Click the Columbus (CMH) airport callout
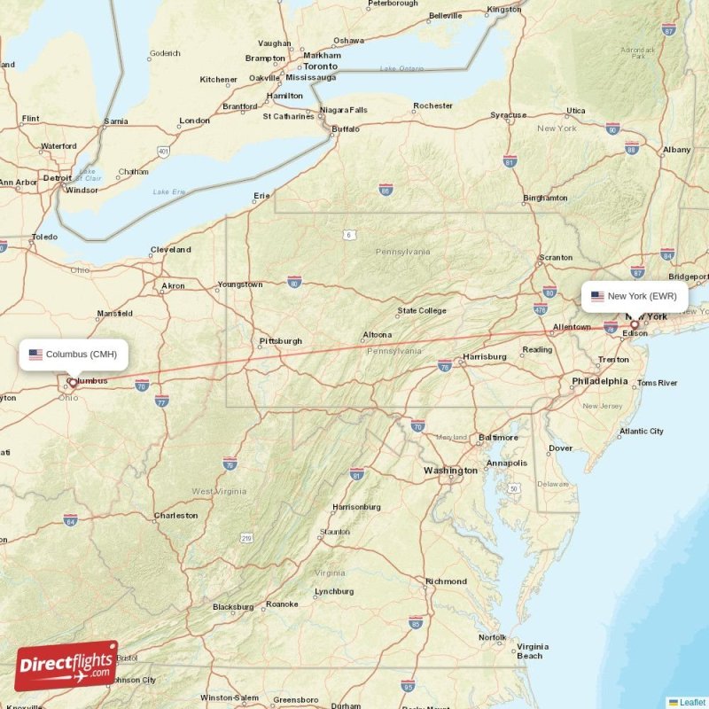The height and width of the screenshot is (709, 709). pyautogui.click(x=74, y=354)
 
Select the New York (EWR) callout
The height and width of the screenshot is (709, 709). pyautogui.click(x=635, y=296)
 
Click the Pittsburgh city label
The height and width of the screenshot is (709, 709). pyautogui.click(x=280, y=341)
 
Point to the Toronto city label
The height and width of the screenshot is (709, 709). pyautogui.click(x=320, y=66)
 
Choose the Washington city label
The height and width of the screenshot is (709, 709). pyautogui.click(x=449, y=470)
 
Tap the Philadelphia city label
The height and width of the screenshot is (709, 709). pyautogui.click(x=599, y=381)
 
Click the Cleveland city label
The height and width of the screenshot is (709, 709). pyautogui.click(x=170, y=250)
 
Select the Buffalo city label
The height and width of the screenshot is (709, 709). pyautogui.click(x=345, y=129)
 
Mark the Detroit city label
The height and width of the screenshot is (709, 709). pyautogui.click(x=57, y=177)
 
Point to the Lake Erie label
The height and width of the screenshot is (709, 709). pyautogui.click(x=169, y=191)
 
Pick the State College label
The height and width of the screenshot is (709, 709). pyautogui.click(x=421, y=311)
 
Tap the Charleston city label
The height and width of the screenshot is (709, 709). pyautogui.click(x=175, y=515)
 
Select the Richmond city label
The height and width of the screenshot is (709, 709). pyautogui.click(x=446, y=581)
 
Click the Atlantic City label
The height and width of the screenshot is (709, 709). pyautogui.click(x=641, y=432)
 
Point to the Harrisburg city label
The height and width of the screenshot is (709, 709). pyautogui.click(x=484, y=357)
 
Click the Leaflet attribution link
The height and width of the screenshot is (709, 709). pyautogui.click(x=691, y=702)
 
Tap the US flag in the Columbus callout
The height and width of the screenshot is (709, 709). pyautogui.click(x=35, y=354)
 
